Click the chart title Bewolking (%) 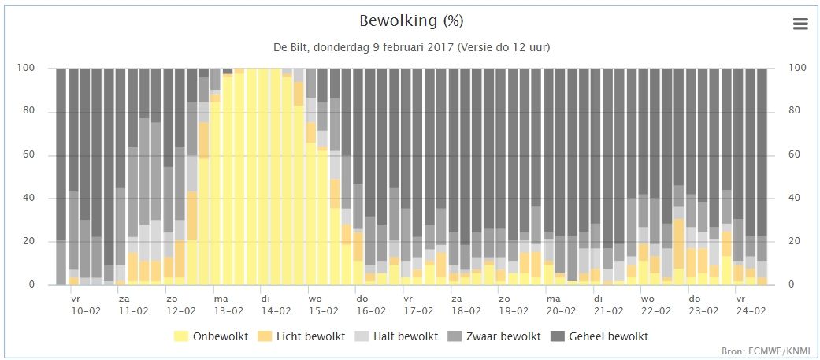(x=411, y=21)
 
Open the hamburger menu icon (x=800, y=24)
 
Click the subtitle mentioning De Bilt (x=411, y=47)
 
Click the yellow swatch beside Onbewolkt (x=181, y=336)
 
